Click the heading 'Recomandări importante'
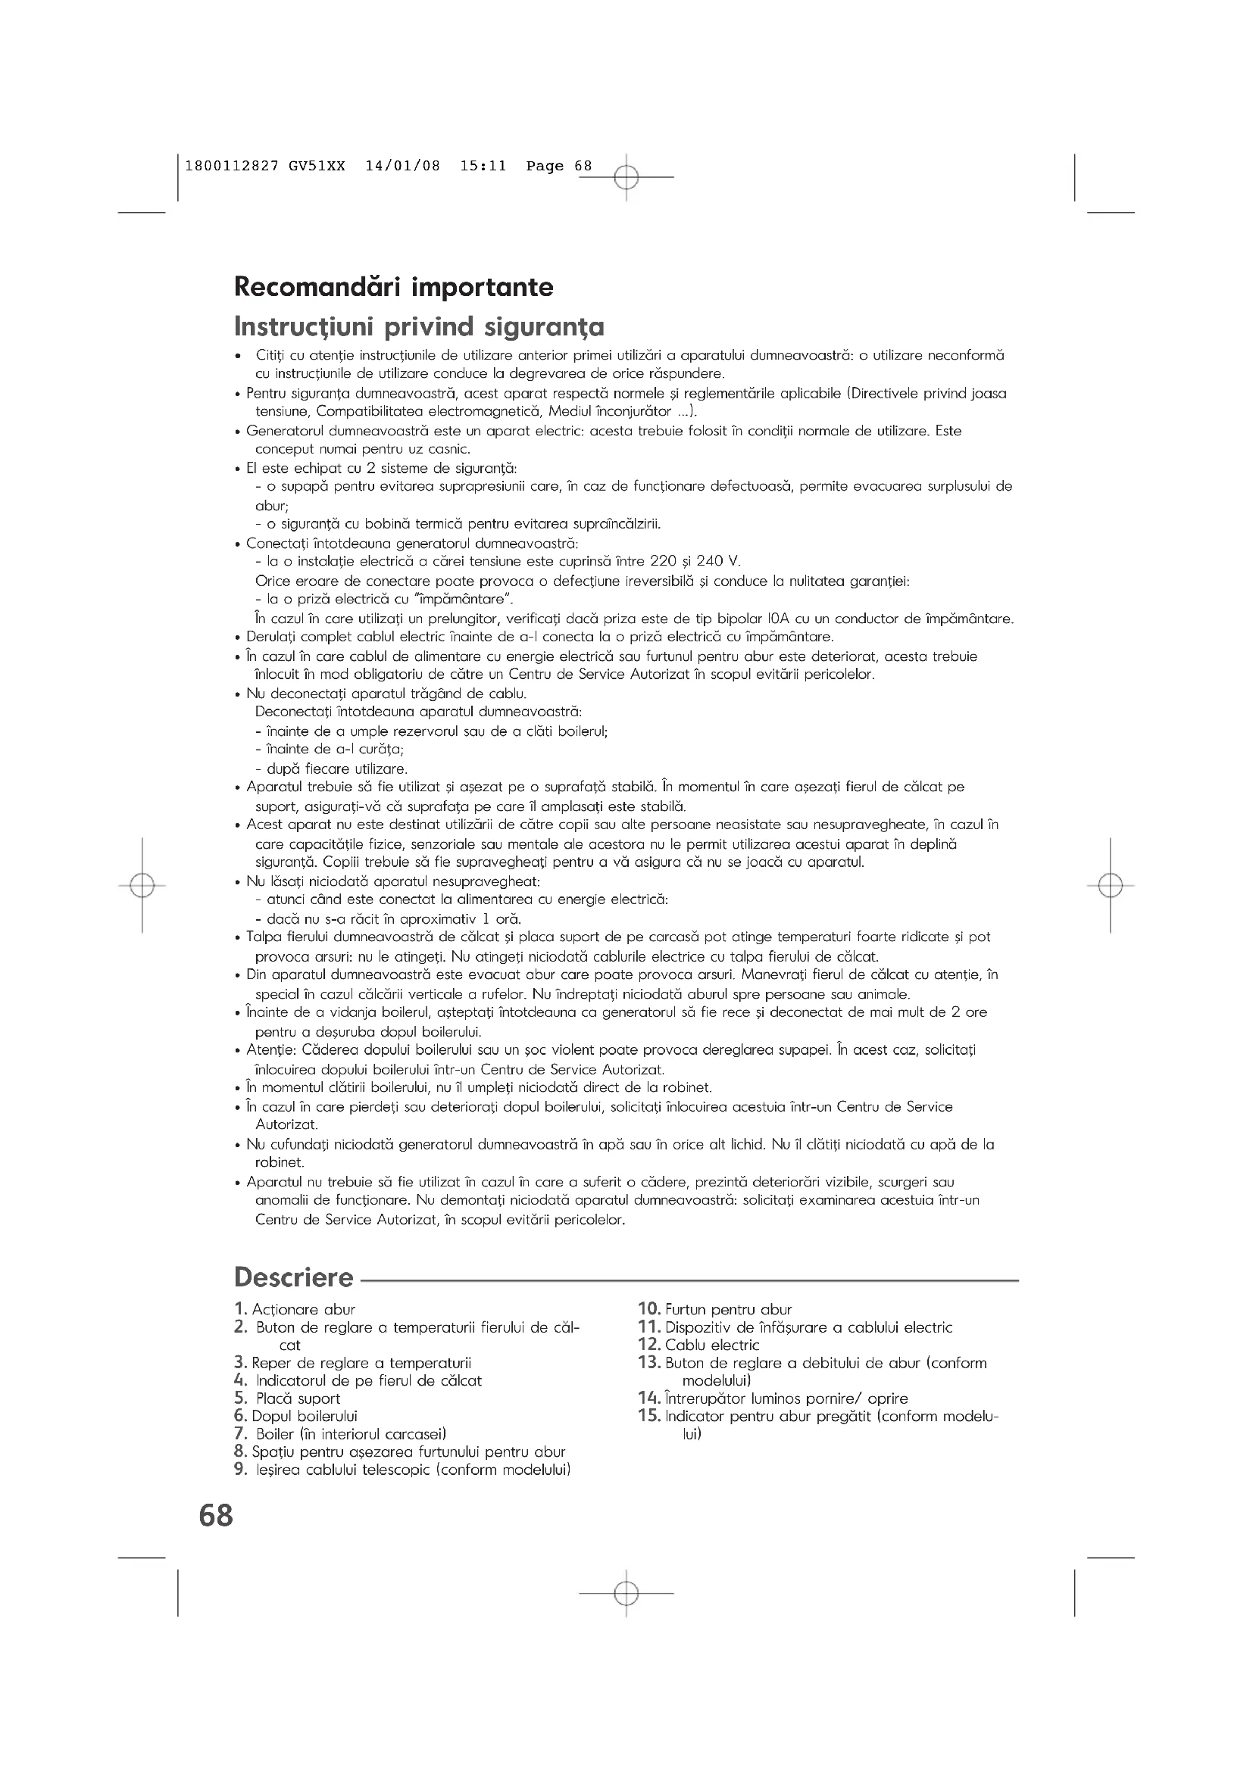click(393, 287)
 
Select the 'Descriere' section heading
click(293, 1277)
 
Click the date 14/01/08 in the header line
click(403, 166)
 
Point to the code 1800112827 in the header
click(232, 166)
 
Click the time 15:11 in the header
click(483, 166)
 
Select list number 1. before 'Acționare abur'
click(241, 1309)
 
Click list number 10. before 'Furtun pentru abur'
click(649, 1309)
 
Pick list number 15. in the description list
click(649, 1415)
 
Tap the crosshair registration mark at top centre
click(626, 177)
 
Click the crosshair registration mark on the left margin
click(142, 886)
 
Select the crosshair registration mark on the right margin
click(1111, 886)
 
